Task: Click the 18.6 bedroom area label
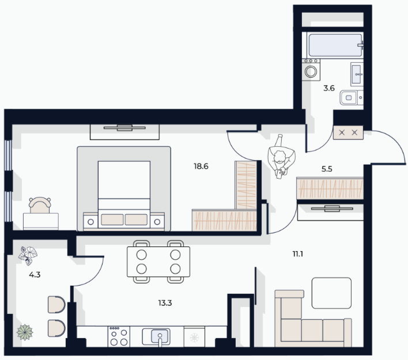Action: [x=201, y=166]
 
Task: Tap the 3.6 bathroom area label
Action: [x=329, y=88]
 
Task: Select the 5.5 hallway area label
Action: [x=327, y=169]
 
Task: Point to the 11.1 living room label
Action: [x=298, y=254]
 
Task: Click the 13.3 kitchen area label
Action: [x=165, y=303]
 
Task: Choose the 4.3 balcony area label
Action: [x=35, y=275]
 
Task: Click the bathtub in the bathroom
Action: [x=335, y=45]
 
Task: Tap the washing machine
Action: [x=311, y=70]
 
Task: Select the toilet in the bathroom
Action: [x=352, y=98]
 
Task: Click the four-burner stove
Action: [x=119, y=336]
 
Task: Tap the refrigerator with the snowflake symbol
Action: [x=194, y=337]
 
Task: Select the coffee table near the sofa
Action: [x=331, y=293]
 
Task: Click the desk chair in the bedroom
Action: [x=40, y=205]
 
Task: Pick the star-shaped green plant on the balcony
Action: [x=25, y=332]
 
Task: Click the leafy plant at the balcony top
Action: [x=28, y=256]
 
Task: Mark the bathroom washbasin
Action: [x=357, y=74]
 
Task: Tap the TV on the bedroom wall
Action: [x=124, y=128]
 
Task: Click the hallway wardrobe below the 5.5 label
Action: [x=330, y=188]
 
